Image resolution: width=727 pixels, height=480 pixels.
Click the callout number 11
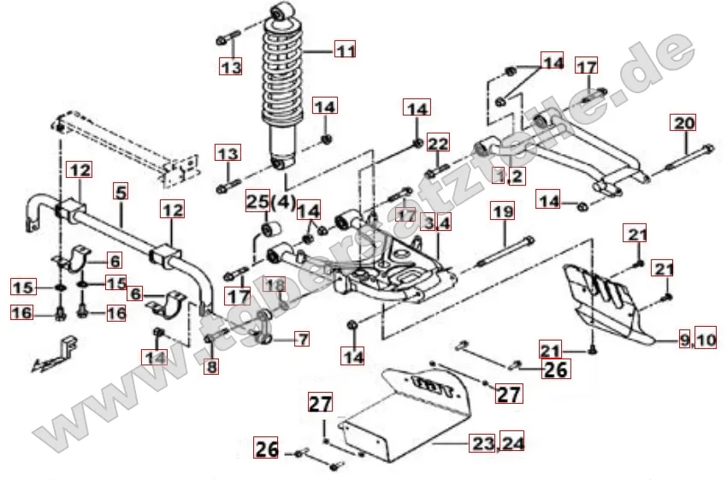click(x=344, y=50)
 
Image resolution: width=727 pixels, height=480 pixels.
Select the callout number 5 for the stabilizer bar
click(x=121, y=193)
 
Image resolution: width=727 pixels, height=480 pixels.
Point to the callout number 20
click(x=684, y=122)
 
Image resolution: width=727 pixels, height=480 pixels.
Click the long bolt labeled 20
click(x=684, y=158)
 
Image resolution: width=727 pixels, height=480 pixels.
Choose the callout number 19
click(x=502, y=210)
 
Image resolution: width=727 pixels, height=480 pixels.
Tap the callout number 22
click(x=438, y=143)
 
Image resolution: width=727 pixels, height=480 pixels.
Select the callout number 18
click(x=274, y=284)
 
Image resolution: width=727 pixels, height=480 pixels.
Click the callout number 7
click(x=301, y=339)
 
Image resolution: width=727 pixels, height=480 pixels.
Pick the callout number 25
click(x=257, y=202)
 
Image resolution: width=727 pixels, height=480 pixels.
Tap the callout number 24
click(x=513, y=442)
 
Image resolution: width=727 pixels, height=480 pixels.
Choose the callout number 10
click(x=706, y=341)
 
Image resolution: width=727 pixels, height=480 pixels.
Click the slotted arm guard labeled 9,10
click(x=607, y=299)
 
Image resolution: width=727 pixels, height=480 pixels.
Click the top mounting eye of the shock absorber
click(x=281, y=12)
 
